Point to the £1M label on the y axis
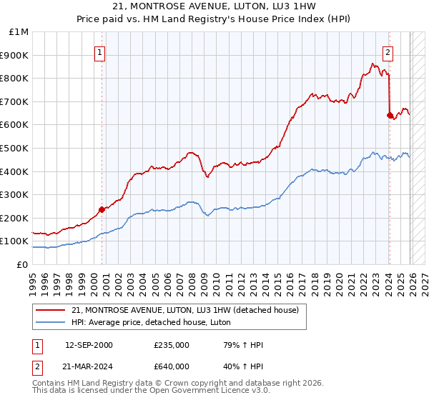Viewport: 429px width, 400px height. point(19,31)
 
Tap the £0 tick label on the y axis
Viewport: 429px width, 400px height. point(23,264)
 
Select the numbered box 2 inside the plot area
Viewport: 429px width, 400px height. point(388,51)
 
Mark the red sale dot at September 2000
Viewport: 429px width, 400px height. point(102,209)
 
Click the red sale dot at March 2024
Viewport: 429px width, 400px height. point(390,115)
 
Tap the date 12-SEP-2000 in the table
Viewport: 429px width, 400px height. point(89,345)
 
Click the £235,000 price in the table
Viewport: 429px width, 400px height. point(171,345)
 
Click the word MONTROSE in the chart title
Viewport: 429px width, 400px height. point(162,6)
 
